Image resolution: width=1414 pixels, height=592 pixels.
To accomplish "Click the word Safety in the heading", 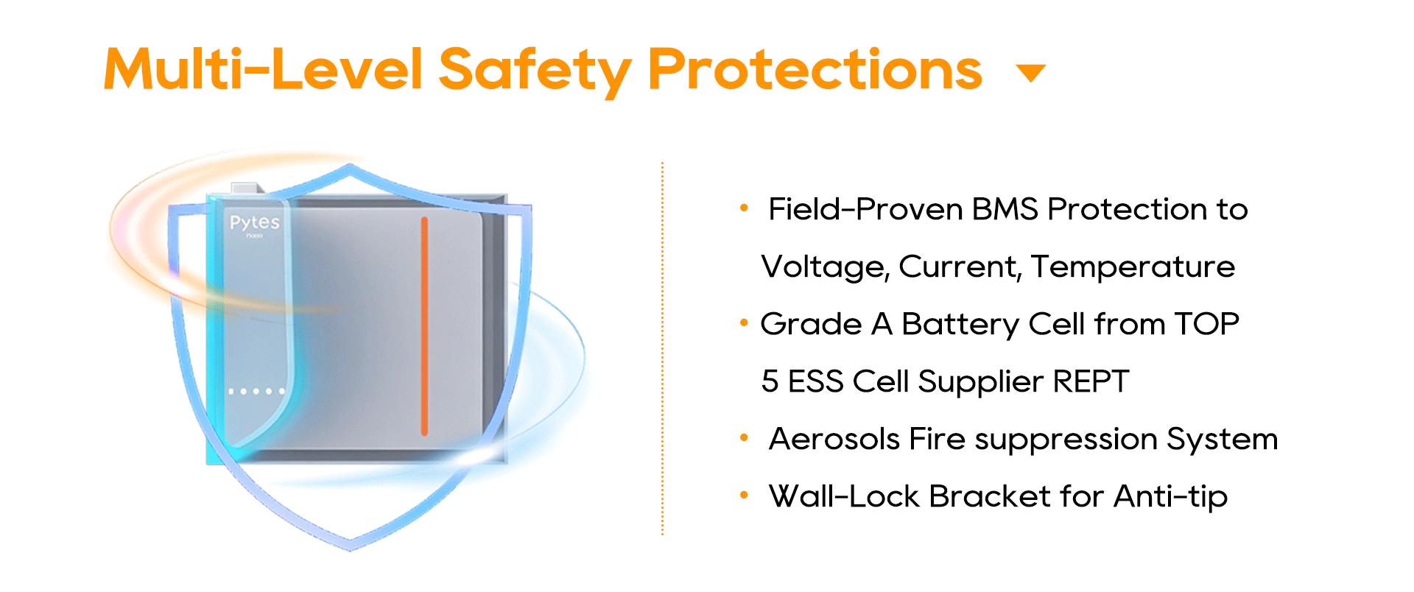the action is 535,71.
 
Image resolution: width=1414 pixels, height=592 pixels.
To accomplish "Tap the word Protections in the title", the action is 815,69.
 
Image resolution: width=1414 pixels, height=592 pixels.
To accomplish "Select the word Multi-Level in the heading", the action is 264,69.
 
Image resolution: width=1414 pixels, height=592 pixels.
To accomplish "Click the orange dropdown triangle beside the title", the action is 1031,72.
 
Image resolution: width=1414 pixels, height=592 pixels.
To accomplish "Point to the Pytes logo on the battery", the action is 255,222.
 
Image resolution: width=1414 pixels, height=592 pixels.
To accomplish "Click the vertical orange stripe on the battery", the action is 424,326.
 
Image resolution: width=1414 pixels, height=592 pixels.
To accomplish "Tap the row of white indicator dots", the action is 256,391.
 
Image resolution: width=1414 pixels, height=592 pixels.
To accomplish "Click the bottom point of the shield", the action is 351,549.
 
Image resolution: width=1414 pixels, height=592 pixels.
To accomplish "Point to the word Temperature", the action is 1133,267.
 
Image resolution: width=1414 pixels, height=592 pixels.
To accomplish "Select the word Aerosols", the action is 834,439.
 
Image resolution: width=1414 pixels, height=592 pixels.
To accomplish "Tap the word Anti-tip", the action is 1170,497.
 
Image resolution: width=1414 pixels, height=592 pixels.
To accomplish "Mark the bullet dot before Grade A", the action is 744,323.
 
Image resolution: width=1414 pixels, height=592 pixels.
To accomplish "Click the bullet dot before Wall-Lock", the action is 744,496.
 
